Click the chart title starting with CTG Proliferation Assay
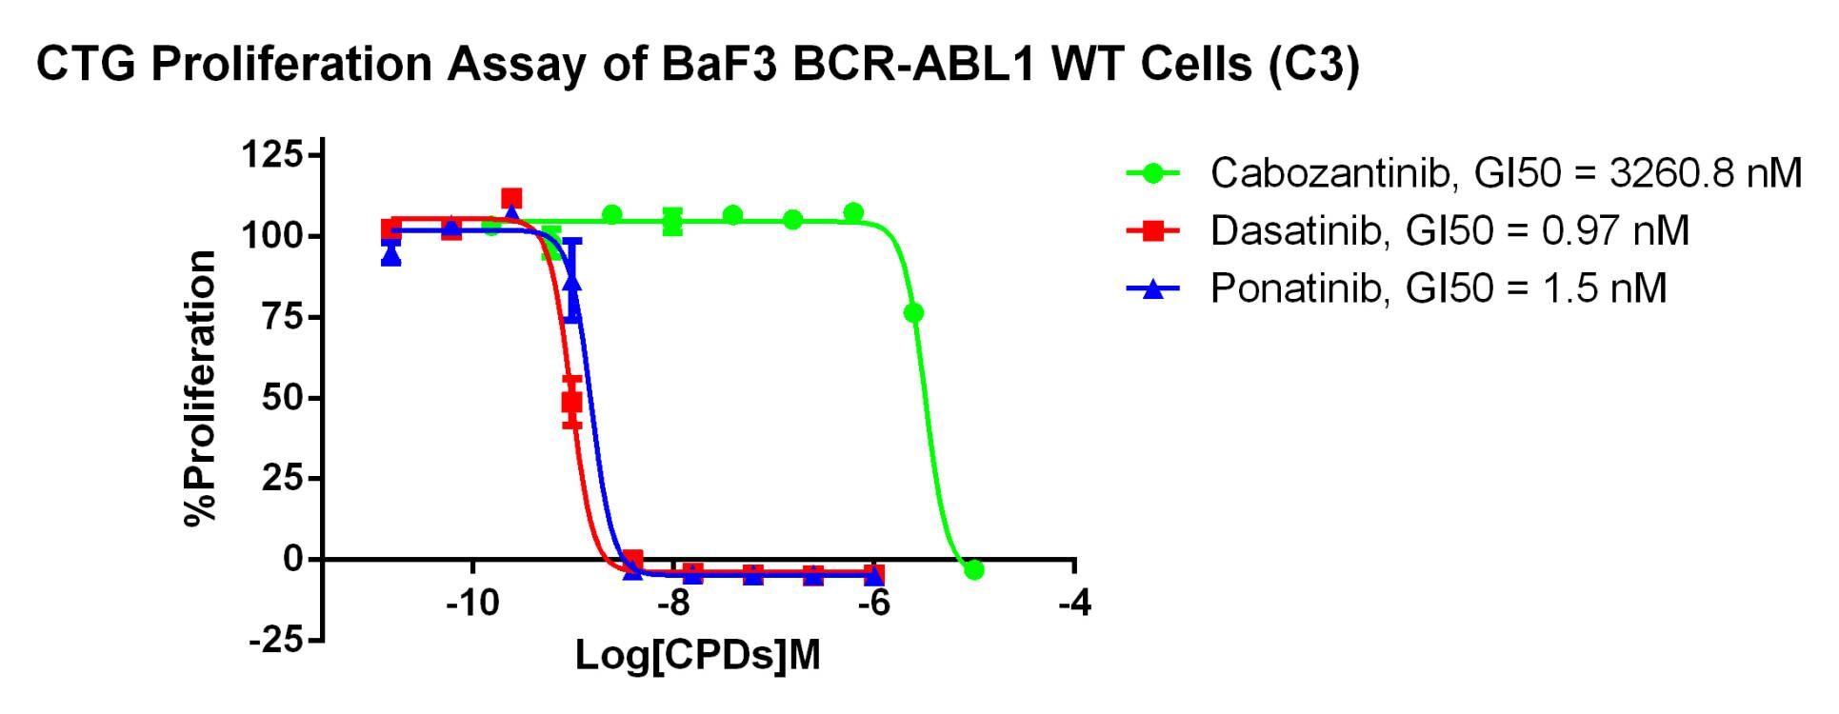point(698,65)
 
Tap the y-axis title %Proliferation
point(201,387)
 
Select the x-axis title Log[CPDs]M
point(698,655)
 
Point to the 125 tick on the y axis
point(271,154)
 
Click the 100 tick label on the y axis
point(271,235)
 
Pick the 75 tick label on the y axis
point(282,316)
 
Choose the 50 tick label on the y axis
point(282,397)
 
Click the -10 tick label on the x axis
point(472,603)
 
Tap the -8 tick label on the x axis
point(673,603)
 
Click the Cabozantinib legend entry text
point(1506,173)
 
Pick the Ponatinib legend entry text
point(1438,288)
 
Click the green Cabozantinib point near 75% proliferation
point(913,312)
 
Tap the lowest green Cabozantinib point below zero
point(973,569)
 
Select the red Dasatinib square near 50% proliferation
point(571,402)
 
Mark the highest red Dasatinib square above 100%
point(511,199)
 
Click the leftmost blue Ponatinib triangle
point(390,254)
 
